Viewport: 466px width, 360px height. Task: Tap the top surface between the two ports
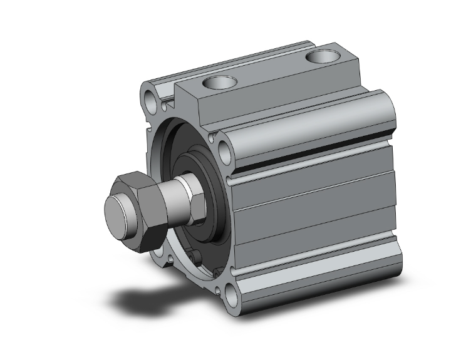click(269, 72)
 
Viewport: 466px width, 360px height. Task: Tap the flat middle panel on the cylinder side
click(313, 207)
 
